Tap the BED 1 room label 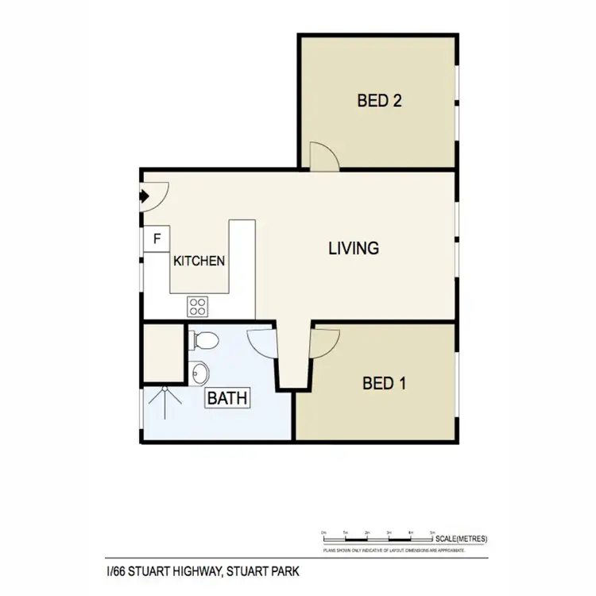(385, 384)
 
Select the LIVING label (354, 248)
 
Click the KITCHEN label (199, 261)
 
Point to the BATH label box (228, 397)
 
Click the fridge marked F (157, 238)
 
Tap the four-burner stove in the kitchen (197, 305)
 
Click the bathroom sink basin (200, 372)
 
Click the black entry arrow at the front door (145, 195)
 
